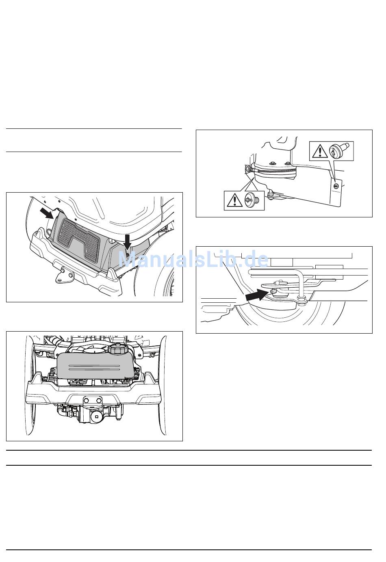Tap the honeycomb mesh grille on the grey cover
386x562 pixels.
(x=79, y=240)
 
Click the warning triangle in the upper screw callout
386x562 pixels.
(x=320, y=151)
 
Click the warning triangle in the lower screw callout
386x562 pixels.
(x=234, y=200)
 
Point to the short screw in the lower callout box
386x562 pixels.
(x=252, y=200)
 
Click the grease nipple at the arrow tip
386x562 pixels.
(x=273, y=291)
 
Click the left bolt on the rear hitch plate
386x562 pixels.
(x=87, y=399)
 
